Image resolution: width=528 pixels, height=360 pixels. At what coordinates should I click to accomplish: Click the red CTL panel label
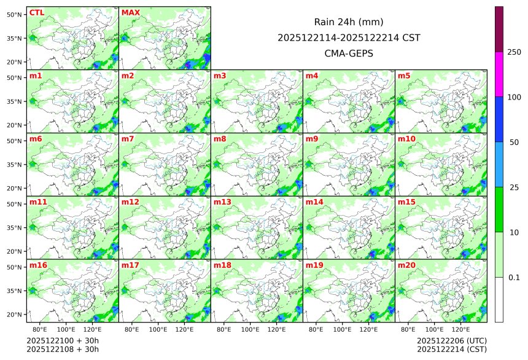pos(36,12)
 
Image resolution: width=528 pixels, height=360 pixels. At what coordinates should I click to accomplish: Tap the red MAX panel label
pos(131,12)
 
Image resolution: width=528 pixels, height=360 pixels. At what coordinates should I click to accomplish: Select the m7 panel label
pos(128,139)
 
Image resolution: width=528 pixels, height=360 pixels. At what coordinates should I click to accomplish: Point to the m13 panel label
pos(222,202)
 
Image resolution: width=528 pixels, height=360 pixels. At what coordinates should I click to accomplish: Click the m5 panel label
pos(404,76)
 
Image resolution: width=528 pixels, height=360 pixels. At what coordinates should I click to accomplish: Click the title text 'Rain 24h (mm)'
pos(349,22)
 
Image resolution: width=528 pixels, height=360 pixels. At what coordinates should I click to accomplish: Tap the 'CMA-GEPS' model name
pos(349,53)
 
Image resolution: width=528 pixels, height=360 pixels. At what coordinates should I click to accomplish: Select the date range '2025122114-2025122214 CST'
pos(349,37)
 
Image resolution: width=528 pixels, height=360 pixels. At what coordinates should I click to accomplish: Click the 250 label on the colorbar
pos(514,52)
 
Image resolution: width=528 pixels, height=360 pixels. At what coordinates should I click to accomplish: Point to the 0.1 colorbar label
pos(514,277)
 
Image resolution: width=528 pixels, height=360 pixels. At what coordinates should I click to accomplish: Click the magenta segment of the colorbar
pos(499,74)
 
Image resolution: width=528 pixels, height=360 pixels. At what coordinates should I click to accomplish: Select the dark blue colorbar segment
pos(499,119)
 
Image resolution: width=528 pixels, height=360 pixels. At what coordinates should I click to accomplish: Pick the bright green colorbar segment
pos(499,209)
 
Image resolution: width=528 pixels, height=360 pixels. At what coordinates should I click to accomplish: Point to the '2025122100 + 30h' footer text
pos(63,340)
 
